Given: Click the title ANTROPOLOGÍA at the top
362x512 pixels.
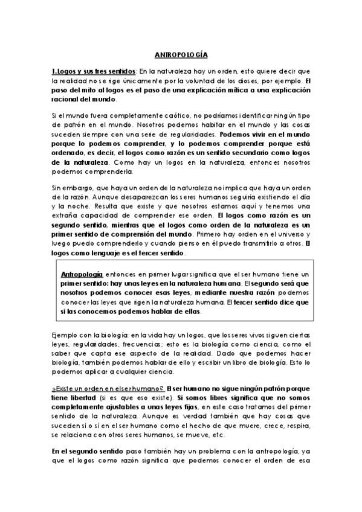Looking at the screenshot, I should [181, 54].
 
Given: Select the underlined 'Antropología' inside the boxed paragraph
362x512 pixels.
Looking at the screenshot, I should [82, 275].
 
